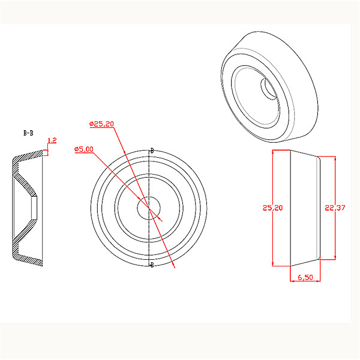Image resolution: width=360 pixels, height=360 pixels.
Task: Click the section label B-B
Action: point(28,133)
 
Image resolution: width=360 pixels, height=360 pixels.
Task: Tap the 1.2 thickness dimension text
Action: point(52,140)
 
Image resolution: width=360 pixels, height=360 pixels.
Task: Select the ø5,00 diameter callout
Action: point(83,149)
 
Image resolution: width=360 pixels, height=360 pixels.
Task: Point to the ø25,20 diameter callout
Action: point(101,124)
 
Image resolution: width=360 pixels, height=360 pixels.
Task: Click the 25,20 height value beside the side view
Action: point(272,208)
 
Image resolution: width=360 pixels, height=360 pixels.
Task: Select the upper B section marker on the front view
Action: point(152,150)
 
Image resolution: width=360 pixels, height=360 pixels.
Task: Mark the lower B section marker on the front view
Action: point(151,265)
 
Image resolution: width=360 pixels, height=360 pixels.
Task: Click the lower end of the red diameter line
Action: point(174,268)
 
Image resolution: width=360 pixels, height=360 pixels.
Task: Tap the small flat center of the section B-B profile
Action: point(35,209)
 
